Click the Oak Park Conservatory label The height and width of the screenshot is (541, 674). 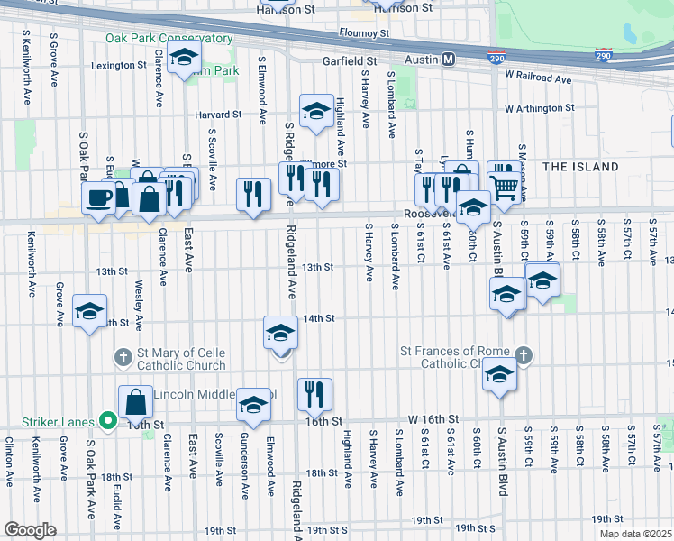click(168, 38)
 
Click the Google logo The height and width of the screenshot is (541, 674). click(30, 530)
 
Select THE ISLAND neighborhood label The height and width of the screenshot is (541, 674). click(580, 167)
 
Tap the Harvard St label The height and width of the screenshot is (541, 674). click(220, 115)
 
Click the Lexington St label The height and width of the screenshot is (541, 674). click(118, 65)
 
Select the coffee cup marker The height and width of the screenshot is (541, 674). click(98, 197)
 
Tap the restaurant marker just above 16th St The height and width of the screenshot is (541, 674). click(314, 393)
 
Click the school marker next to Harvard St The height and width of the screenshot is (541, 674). click(315, 112)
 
